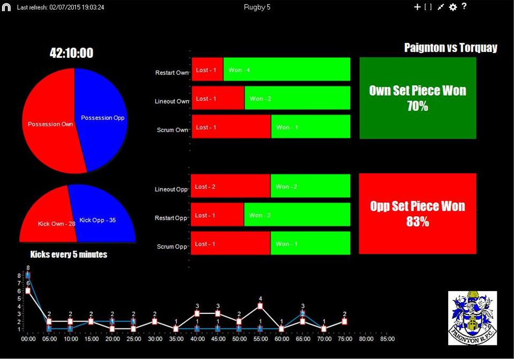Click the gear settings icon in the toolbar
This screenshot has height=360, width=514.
pyautogui.click(x=453, y=7)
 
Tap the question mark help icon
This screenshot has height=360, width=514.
pyautogui.click(x=464, y=6)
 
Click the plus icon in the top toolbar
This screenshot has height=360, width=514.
pyautogui.click(x=417, y=7)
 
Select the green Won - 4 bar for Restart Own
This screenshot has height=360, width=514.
pyautogui.click(x=287, y=70)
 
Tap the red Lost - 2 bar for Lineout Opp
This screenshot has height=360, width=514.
pyautogui.click(x=231, y=186)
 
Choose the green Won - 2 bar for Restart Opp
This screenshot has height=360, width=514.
pyautogui.click(x=297, y=215)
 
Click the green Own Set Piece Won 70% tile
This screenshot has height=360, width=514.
pyautogui.click(x=418, y=98)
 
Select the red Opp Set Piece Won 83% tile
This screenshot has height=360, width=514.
pyautogui.click(x=417, y=213)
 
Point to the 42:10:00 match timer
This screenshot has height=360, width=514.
pyautogui.click(x=71, y=53)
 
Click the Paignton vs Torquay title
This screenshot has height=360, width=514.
pyautogui.click(x=450, y=48)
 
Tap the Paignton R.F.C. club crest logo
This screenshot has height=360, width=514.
pyautogui.click(x=472, y=318)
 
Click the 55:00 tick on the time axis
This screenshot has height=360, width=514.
pyautogui.click(x=260, y=339)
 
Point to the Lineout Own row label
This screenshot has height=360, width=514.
pyautogui.click(x=172, y=101)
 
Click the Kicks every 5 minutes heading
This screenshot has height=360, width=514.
pyautogui.click(x=68, y=255)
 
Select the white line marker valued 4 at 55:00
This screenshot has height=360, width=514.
pyautogui.click(x=260, y=306)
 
